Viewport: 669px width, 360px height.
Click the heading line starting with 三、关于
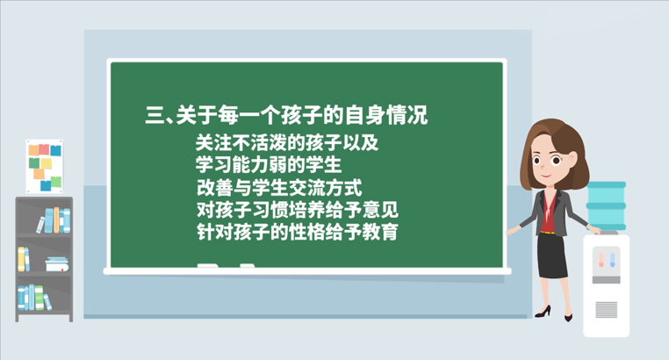[286, 115]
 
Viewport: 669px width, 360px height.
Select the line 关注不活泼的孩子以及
[287, 142]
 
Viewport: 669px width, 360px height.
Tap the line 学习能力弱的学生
[269, 165]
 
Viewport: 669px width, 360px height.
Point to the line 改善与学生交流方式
[279, 187]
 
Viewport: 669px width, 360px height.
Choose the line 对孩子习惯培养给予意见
[298, 210]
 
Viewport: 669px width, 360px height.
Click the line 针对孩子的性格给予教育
[298, 232]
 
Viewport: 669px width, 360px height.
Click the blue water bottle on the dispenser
[606, 206]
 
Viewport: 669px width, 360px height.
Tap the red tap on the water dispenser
[601, 260]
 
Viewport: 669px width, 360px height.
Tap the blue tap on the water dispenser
[612, 260]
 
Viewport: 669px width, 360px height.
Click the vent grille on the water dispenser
[607, 310]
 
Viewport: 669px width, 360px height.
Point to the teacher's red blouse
[549, 212]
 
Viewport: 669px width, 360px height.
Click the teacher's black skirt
[551, 256]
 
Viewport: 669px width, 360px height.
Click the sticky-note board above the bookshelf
[45, 166]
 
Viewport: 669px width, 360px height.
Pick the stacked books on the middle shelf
[57, 264]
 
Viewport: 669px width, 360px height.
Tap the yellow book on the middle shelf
[21, 259]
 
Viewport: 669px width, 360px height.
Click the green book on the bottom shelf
[40, 298]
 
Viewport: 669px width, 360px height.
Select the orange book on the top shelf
[56, 220]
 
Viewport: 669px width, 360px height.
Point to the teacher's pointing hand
[511, 231]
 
